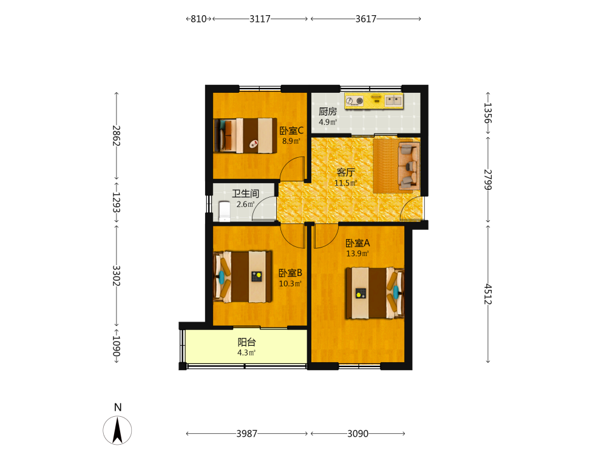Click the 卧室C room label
click(x=291, y=131)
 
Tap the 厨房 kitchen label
click(x=328, y=112)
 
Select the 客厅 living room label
click(x=345, y=172)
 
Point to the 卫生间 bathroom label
click(x=245, y=194)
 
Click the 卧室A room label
click(x=358, y=243)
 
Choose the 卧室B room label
click(x=290, y=273)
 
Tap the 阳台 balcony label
click(x=246, y=342)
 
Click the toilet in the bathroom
click(x=225, y=211)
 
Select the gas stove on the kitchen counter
click(x=354, y=101)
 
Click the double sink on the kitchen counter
click(x=394, y=101)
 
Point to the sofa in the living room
click(x=409, y=166)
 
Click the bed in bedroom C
click(x=245, y=135)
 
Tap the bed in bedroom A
click(x=375, y=293)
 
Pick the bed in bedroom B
click(x=243, y=276)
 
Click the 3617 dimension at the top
click(x=366, y=19)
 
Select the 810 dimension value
click(x=198, y=19)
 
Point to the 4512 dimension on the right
click(x=488, y=294)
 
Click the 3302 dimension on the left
click(x=116, y=275)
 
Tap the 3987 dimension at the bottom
click(x=247, y=433)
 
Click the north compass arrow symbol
click(x=117, y=430)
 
